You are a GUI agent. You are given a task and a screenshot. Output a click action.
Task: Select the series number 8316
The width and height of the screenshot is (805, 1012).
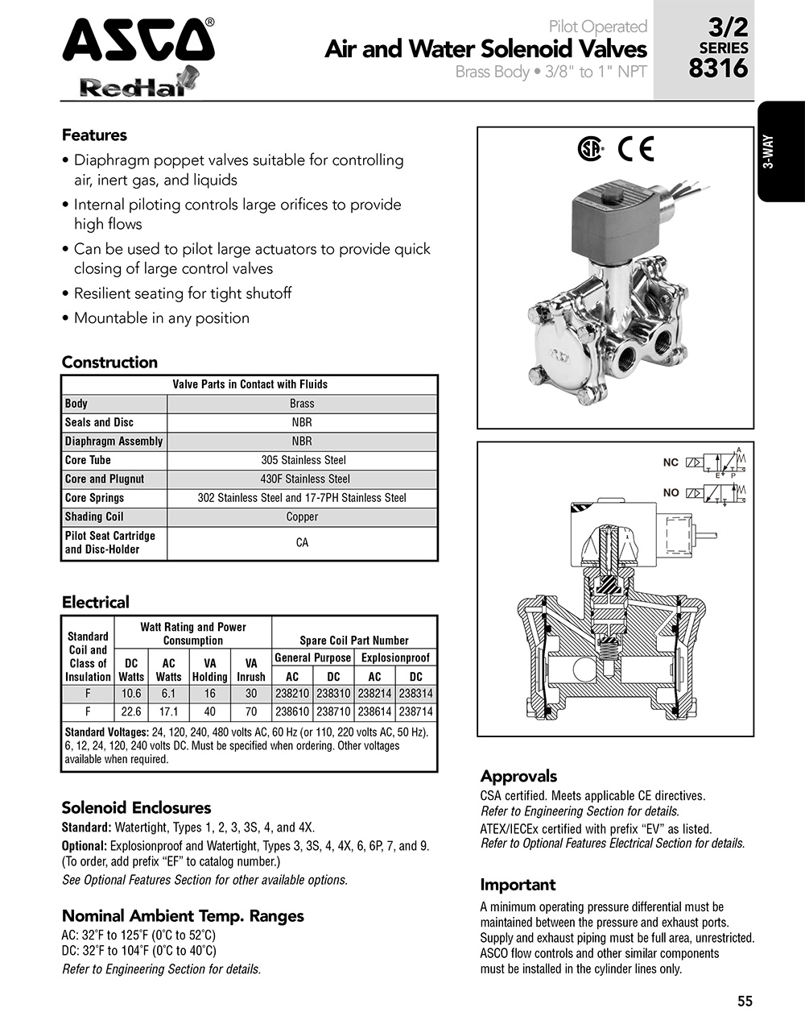tap(718, 68)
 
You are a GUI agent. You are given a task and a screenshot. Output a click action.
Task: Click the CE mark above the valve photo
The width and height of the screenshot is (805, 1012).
tap(635, 149)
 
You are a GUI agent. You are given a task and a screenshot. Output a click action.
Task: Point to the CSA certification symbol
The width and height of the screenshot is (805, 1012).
tap(591, 149)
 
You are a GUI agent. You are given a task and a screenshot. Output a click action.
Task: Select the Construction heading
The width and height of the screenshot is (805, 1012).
tap(109, 362)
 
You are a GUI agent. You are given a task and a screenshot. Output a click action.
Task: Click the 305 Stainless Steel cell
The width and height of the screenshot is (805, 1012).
tap(303, 460)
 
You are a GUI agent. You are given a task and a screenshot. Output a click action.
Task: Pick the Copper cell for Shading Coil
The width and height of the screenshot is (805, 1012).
tap(303, 516)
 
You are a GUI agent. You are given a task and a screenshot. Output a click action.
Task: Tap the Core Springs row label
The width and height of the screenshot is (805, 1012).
tap(94, 498)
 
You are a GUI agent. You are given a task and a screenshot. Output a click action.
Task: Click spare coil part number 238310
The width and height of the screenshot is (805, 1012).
tap(333, 693)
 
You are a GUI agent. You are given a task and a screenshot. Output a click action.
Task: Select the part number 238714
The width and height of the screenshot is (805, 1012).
tap(415, 711)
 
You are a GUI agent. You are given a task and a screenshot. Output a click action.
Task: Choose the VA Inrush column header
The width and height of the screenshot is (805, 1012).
tap(250, 670)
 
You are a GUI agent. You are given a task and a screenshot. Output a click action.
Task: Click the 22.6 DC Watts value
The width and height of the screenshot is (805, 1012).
tap(130, 711)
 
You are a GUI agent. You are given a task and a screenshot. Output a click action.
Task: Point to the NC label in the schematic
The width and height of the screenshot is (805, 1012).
tap(671, 463)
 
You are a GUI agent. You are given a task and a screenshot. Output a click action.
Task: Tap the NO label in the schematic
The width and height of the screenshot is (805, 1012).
tap(671, 492)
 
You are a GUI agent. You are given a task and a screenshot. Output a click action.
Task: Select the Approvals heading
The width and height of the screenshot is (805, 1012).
tap(518, 776)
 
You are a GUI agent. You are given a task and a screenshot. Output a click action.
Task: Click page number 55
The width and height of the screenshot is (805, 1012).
tap(745, 1001)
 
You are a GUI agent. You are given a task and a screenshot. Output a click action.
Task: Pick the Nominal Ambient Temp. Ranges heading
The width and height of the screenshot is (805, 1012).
tap(183, 915)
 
